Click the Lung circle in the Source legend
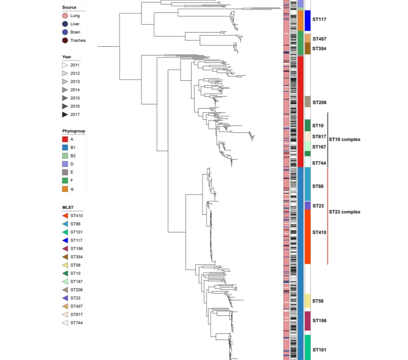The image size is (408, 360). [x=65, y=16]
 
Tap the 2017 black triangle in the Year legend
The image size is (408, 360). [x=65, y=115]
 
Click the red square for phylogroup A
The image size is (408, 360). [x=65, y=139]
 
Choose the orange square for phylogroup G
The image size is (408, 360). [x=65, y=189]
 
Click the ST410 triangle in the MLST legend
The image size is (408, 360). [x=65, y=216]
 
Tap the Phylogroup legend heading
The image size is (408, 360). [x=74, y=131]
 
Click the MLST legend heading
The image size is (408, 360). [x=68, y=208]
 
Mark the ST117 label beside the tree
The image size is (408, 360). [x=319, y=20]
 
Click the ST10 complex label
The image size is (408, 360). [x=345, y=139]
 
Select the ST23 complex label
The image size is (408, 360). [x=345, y=212]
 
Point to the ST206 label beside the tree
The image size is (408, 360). [x=319, y=103]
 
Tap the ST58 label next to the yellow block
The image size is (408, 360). [x=318, y=301]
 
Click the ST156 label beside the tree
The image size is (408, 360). [x=319, y=321]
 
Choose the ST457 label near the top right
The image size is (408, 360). [x=319, y=39]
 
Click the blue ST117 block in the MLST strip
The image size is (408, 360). [x=308, y=21]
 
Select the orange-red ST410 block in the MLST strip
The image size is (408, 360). [x=308, y=236]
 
